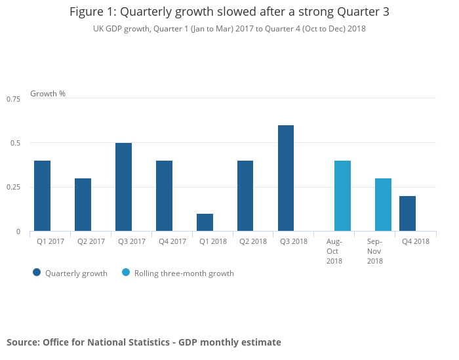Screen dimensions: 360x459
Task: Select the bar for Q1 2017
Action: [x=42, y=196]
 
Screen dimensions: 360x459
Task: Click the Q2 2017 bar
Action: [x=83, y=205]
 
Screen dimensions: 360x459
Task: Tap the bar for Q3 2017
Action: [x=123, y=187]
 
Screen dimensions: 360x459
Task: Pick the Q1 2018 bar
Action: [x=205, y=222]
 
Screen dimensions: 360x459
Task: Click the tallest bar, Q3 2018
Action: [x=286, y=178]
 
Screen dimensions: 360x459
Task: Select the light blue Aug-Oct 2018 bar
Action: [x=342, y=196]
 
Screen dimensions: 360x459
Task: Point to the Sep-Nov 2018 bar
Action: [x=383, y=205]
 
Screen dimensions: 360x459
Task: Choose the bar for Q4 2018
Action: [x=407, y=214]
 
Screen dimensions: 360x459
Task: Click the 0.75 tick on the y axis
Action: [x=14, y=98]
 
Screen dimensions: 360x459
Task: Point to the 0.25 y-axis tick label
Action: [x=14, y=188]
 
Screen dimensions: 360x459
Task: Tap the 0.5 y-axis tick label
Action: [x=16, y=143]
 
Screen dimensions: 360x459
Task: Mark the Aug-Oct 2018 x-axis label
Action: [x=334, y=251]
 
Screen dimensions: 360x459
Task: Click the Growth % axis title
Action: [x=48, y=94]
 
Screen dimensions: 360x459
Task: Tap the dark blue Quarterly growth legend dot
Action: [x=37, y=273]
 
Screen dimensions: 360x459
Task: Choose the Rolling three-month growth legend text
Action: [x=184, y=273]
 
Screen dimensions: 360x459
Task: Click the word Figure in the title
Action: [x=87, y=12]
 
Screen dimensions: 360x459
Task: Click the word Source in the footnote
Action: [x=22, y=342]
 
